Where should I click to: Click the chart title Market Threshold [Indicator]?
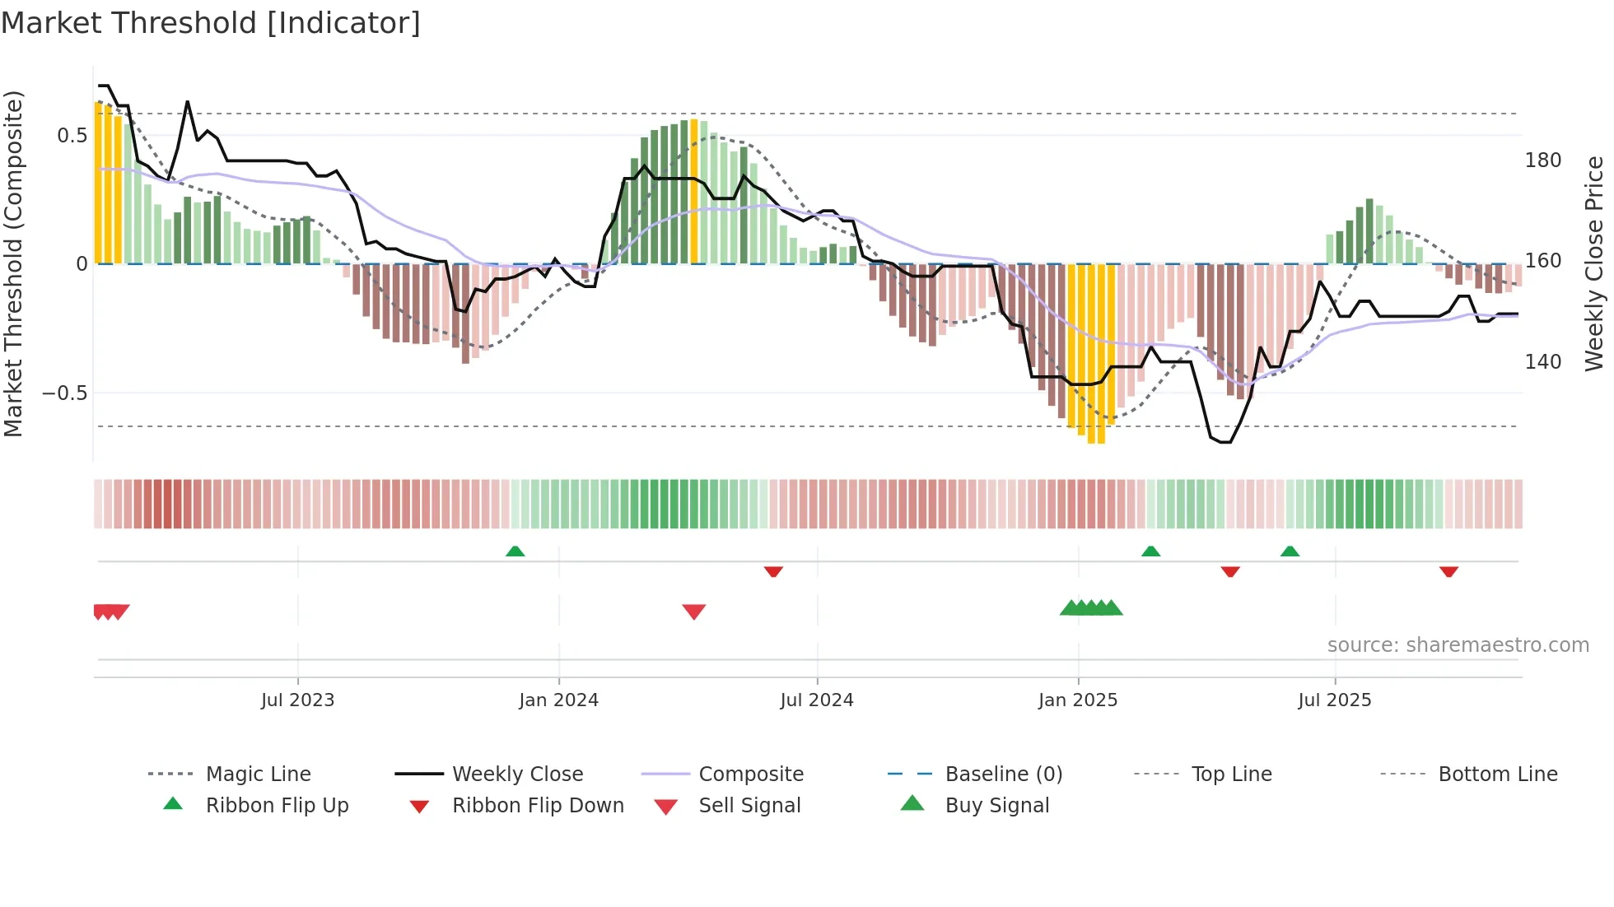211,23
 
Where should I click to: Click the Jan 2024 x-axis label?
558,700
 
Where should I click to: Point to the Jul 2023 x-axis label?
297,700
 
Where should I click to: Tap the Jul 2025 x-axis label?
1334,700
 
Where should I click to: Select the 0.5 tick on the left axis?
72,136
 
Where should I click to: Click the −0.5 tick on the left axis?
65,393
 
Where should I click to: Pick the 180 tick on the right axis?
1542,160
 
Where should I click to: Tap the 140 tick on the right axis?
1542,362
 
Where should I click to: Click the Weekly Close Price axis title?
1594,263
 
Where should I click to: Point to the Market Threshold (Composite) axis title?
13,263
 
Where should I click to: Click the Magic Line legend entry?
258,774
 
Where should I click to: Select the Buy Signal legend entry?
996,806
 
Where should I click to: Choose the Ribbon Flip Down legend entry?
538,806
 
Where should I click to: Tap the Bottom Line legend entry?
1497,774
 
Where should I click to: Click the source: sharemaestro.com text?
1458,645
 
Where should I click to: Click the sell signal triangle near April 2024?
694,612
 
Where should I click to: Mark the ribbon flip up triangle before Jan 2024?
515,551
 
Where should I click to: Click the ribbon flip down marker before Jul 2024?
772,571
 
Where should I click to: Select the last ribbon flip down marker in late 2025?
1448,571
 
